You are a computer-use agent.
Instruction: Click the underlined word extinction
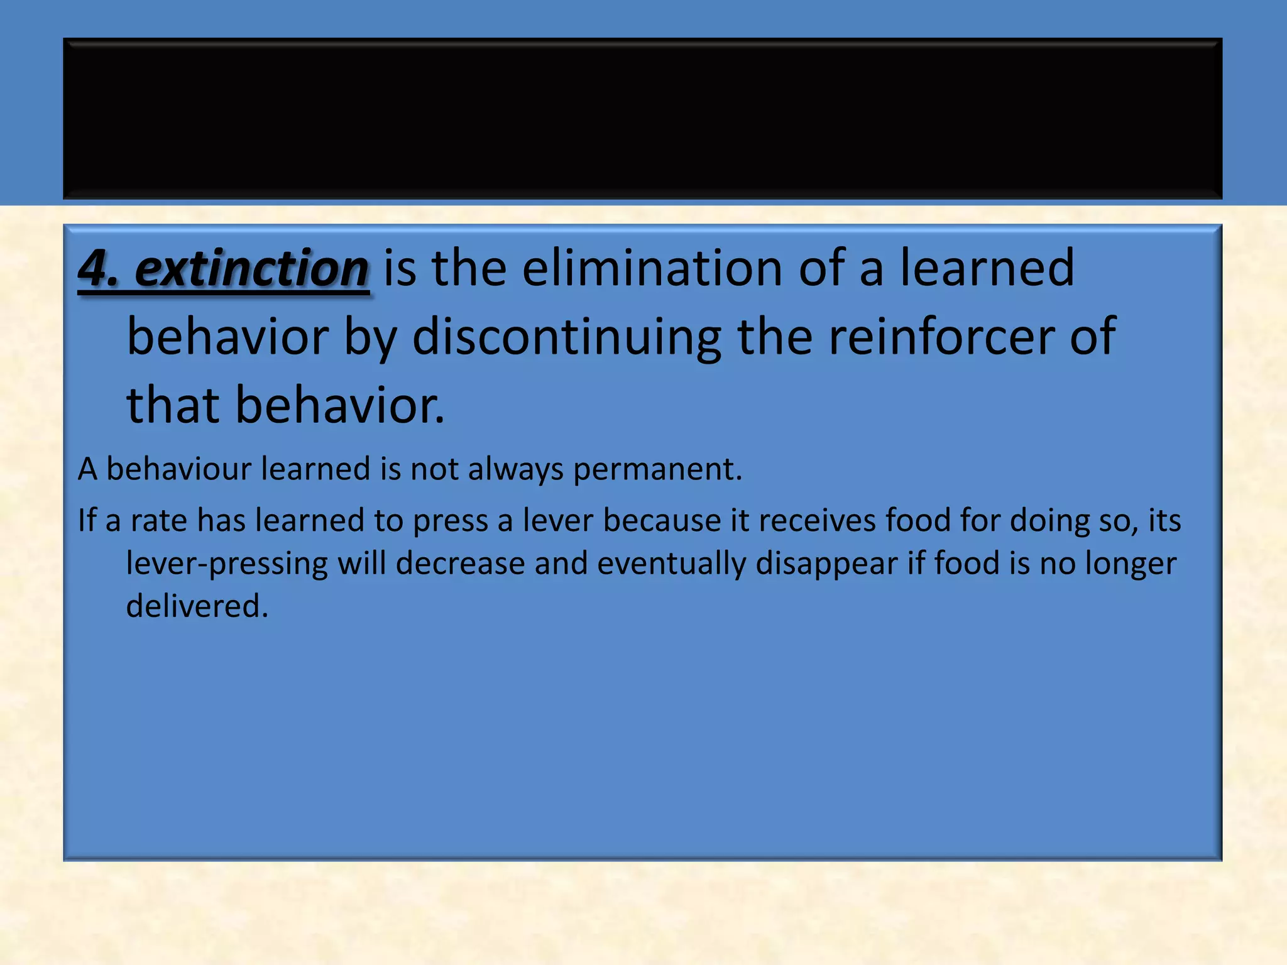pos(251,269)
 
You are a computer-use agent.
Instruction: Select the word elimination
pos(652,268)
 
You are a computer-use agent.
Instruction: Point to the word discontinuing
pos(566,337)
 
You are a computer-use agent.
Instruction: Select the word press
pos(450,521)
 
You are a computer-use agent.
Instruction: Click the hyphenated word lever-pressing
pos(226,564)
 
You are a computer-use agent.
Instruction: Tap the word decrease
pos(460,564)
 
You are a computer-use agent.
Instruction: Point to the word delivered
pos(197,606)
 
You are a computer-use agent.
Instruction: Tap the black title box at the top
pos(642,118)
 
